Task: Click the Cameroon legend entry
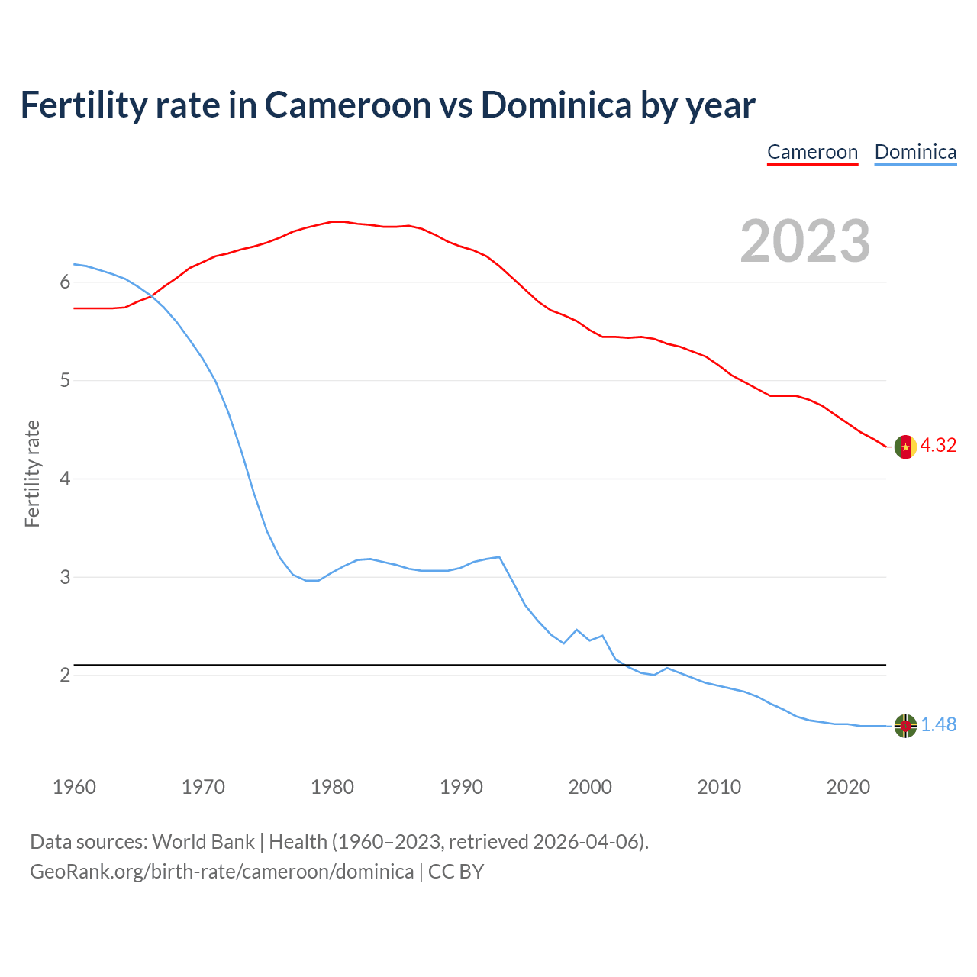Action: point(812,152)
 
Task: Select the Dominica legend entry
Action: point(915,152)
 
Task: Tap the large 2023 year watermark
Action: point(805,241)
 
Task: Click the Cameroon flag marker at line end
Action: point(905,447)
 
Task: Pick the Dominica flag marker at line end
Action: point(905,726)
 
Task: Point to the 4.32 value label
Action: point(938,446)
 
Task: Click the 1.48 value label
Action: point(938,725)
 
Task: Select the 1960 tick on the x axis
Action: point(74,787)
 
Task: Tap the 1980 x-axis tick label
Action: point(332,787)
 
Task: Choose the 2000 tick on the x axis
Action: point(590,787)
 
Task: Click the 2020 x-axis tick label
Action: point(848,787)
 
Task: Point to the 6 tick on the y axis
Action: point(65,282)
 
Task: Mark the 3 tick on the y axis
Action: point(65,577)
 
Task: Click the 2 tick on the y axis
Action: point(65,676)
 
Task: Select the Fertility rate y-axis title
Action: point(32,473)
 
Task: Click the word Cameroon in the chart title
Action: point(347,105)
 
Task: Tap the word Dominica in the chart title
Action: point(556,105)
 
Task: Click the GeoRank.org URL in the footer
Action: point(221,872)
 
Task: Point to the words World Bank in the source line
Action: point(203,842)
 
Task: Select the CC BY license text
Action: point(456,872)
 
